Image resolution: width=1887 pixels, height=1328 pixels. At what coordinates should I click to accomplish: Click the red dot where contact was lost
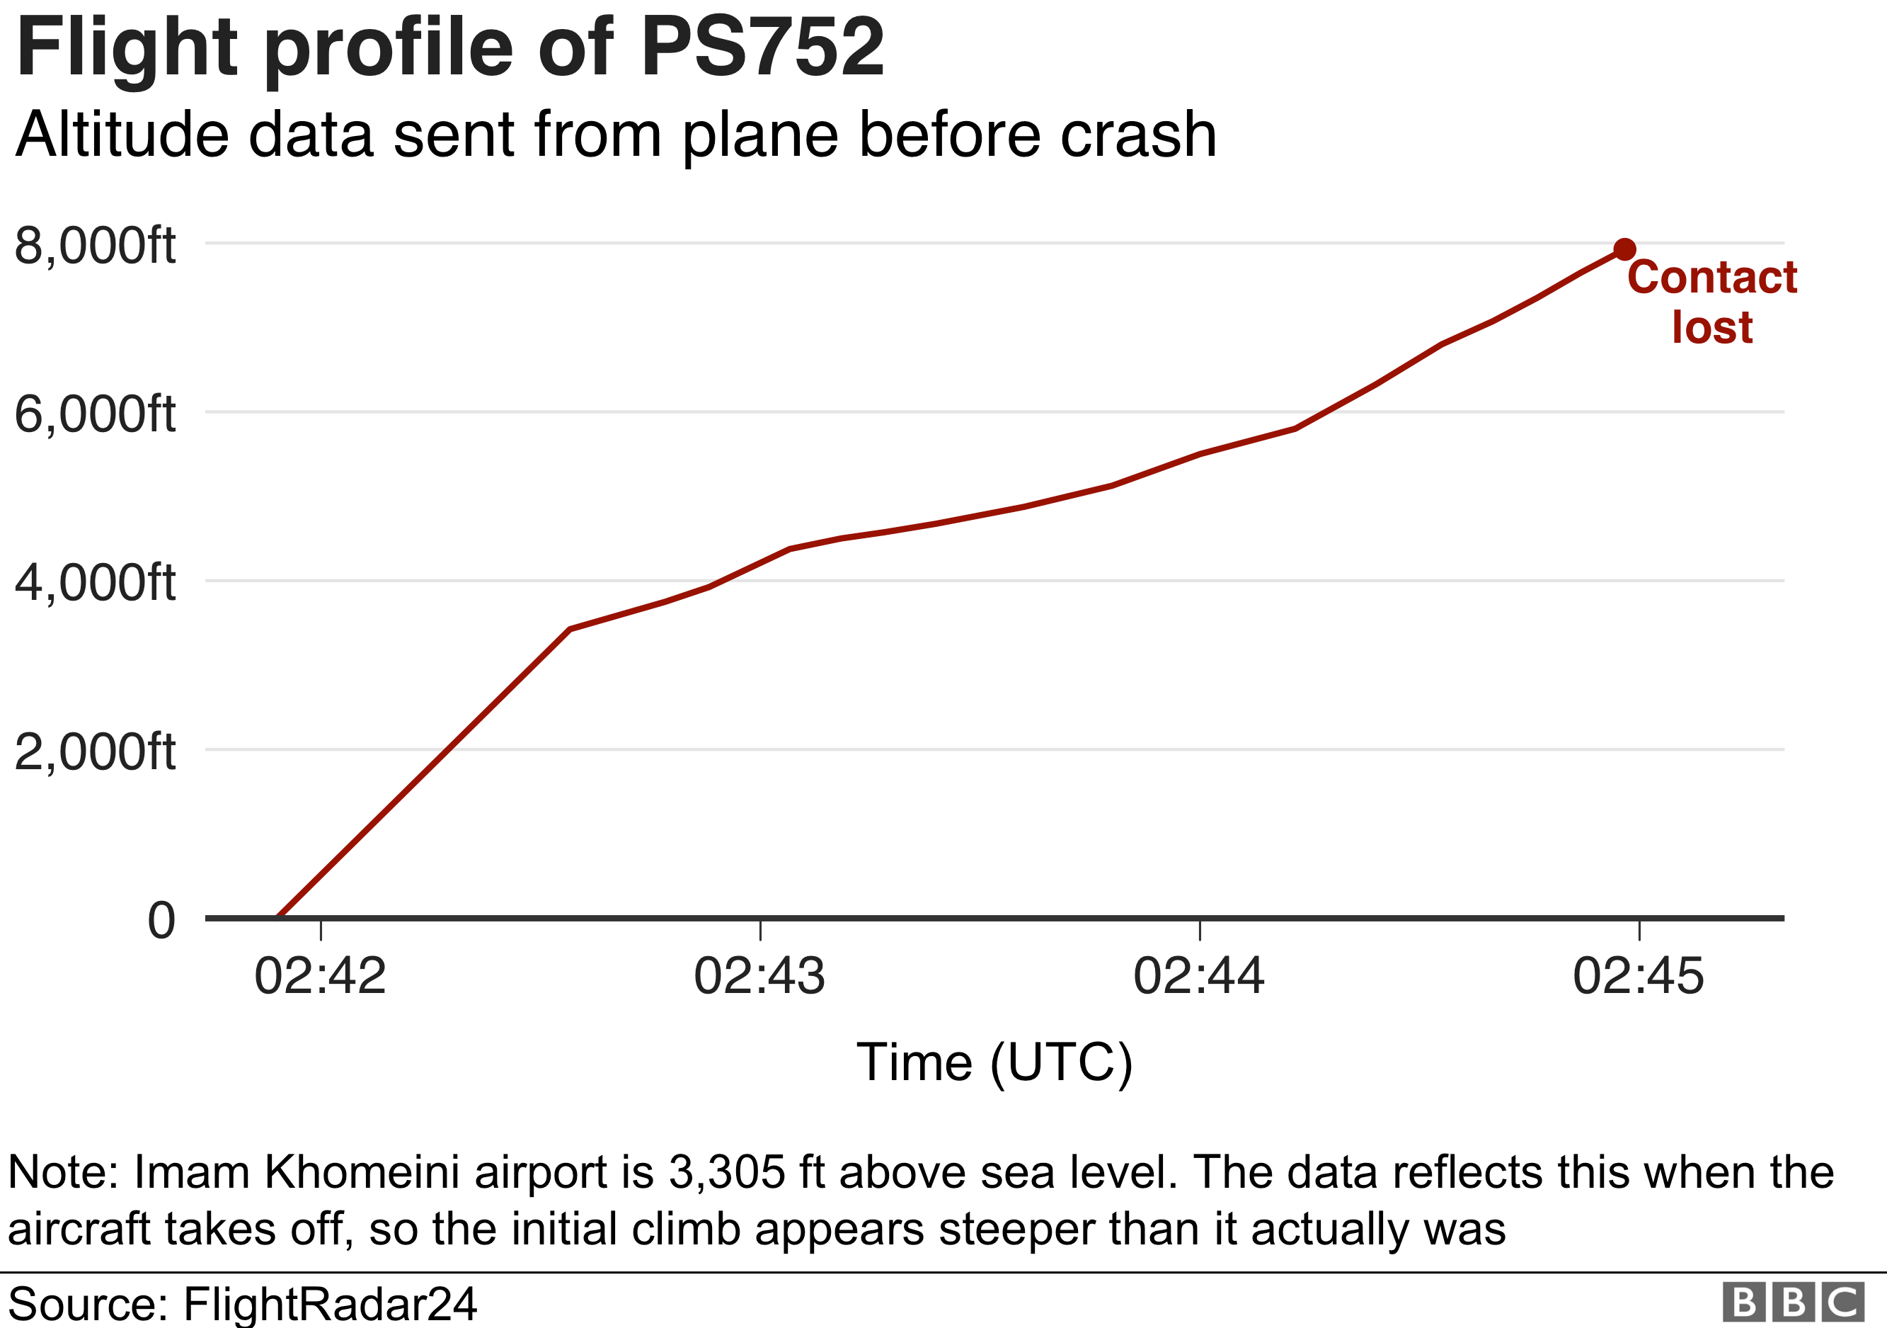pyautogui.click(x=1624, y=249)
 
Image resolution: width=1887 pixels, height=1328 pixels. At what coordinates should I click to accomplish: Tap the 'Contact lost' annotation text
pyautogui.click(x=1712, y=301)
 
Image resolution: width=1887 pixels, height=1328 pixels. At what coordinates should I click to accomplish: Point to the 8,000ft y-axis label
pyautogui.click(x=95, y=245)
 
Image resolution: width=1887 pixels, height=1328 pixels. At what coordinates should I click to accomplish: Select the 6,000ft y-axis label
pyautogui.click(x=95, y=414)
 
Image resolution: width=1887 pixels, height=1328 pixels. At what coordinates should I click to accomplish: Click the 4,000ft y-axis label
pyautogui.click(x=95, y=582)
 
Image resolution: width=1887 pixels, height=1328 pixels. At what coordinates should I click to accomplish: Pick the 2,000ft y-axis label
pyautogui.click(x=95, y=751)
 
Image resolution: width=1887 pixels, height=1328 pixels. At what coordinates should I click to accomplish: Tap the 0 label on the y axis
pyautogui.click(x=161, y=920)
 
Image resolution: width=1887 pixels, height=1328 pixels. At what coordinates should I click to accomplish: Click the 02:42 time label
pyautogui.click(x=320, y=976)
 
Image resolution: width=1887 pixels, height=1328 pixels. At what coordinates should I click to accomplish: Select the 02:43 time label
pyautogui.click(x=759, y=976)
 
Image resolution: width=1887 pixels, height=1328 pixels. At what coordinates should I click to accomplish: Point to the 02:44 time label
pyautogui.click(x=1199, y=976)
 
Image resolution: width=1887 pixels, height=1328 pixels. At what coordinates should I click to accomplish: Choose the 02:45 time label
pyautogui.click(x=1639, y=976)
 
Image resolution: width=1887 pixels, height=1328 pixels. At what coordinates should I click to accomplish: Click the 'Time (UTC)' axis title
pyautogui.click(x=994, y=1062)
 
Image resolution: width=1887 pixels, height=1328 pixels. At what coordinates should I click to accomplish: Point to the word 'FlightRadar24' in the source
pyautogui.click(x=330, y=1303)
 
